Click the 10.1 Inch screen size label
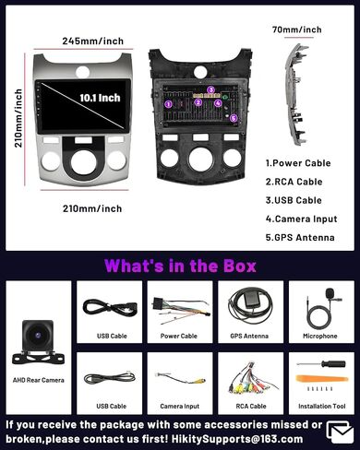100,98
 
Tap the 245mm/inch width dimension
93,41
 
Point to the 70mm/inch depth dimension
297,30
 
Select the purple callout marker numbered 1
168,104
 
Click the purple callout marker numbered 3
210,89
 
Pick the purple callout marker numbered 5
234,118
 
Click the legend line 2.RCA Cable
294,182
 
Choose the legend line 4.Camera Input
302,219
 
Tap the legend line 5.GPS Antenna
300,237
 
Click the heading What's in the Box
180,266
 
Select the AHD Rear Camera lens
38,336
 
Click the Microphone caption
320,336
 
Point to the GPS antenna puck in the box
251,297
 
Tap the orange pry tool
322,379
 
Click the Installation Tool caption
322,406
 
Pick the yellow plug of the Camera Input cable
197,381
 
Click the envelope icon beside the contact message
340,432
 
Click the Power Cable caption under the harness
179,336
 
